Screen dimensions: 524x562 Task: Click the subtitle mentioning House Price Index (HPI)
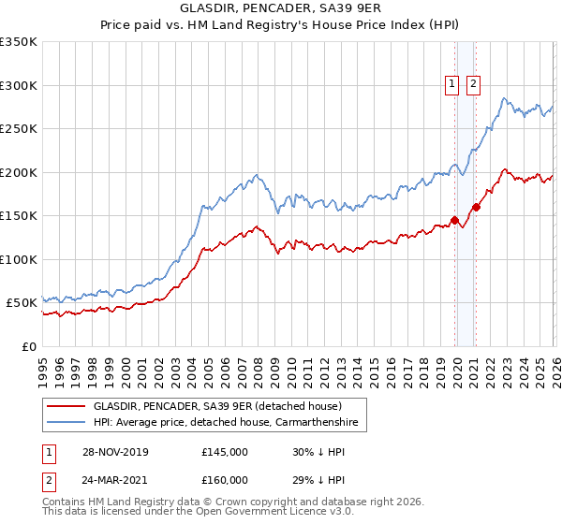(281, 27)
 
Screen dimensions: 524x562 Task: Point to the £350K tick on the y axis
(19, 42)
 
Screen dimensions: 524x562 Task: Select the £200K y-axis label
(19, 172)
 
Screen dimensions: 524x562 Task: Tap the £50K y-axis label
(22, 303)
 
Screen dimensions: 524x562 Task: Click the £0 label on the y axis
(29, 346)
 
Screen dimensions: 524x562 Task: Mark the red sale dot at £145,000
(455, 221)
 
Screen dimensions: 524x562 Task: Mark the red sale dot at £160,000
(476, 207)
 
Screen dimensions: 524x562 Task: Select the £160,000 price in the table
(225, 480)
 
